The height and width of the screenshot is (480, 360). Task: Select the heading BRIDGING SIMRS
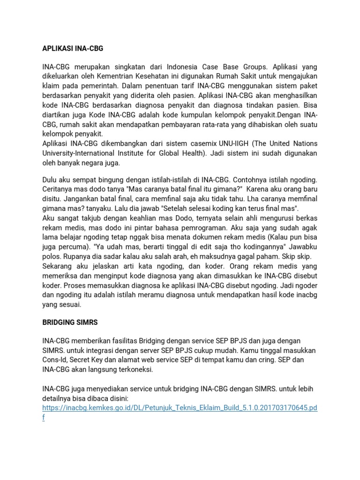(x=71, y=323)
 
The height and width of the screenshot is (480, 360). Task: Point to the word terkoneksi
(x=136, y=370)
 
